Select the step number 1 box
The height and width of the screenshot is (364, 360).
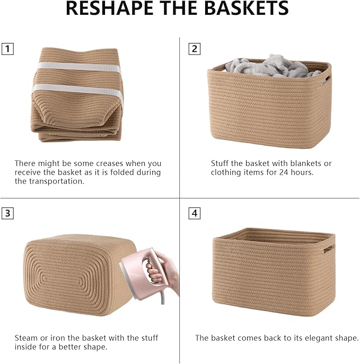(7, 49)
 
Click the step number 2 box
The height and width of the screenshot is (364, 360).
(195, 49)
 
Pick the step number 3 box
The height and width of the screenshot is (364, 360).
(7, 213)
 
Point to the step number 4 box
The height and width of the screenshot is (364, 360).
(195, 213)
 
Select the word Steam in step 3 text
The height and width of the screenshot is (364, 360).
(25, 338)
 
